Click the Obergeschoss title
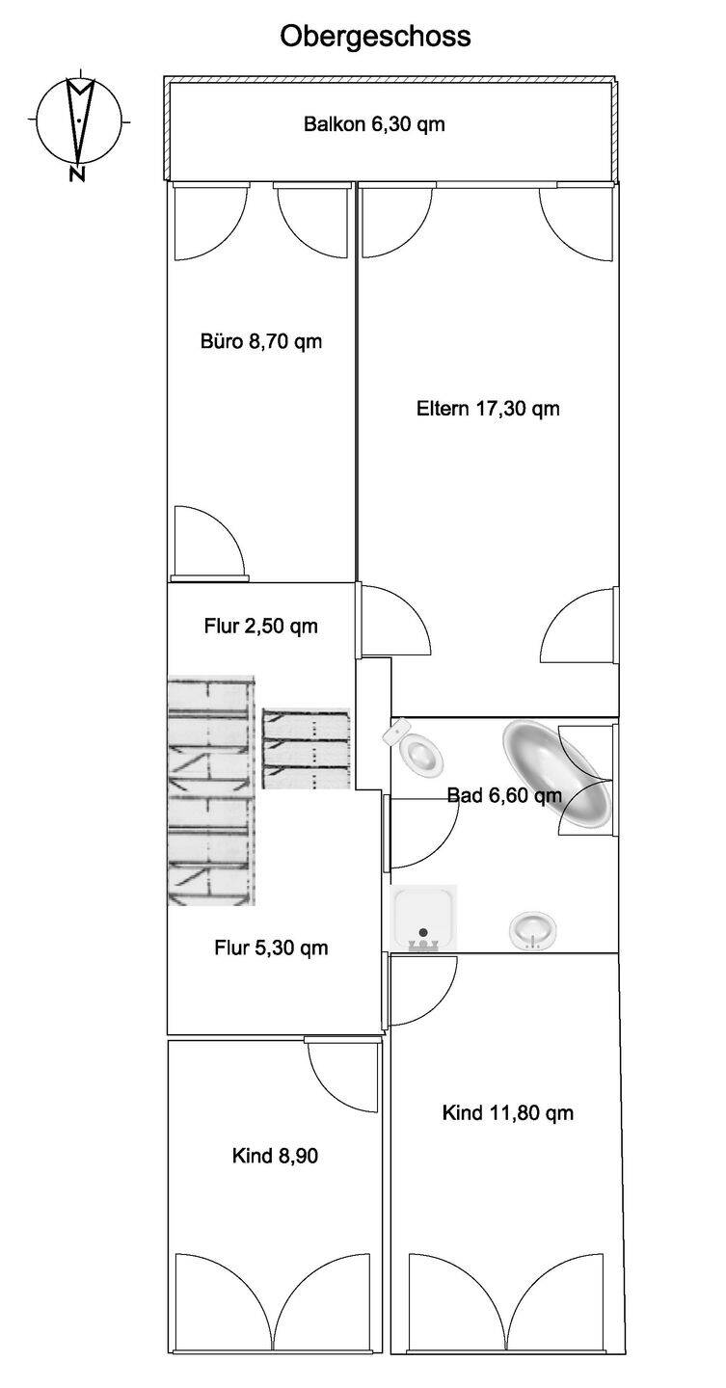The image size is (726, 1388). coord(375,38)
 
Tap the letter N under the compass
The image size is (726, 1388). coord(77,174)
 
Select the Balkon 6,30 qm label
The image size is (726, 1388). coord(374,124)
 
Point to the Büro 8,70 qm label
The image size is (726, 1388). coord(261,341)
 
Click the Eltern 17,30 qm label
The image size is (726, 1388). coord(488,409)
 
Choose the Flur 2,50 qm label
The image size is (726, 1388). coord(261,626)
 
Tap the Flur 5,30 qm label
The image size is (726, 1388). coord(271,948)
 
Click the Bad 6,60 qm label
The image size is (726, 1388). coord(504,795)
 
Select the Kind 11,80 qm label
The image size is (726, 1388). coord(508,1113)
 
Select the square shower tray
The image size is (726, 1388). coord(423,919)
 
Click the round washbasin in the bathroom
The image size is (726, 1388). coord(532,930)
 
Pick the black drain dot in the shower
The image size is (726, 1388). coord(423,932)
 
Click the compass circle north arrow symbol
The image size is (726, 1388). coord(79,120)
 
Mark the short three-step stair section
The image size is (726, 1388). coord(307,749)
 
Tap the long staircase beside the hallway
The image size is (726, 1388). coord(211,790)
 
